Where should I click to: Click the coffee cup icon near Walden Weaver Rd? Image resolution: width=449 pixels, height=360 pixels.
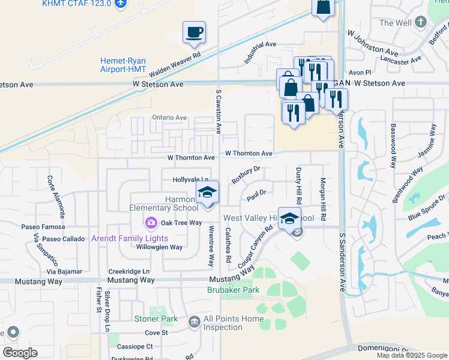(x=194, y=32)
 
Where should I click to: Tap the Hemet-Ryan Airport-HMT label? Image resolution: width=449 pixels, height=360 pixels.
(x=124, y=65)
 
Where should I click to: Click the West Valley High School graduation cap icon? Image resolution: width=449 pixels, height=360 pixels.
(x=289, y=218)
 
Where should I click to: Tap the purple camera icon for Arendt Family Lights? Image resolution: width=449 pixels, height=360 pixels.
(x=151, y=223)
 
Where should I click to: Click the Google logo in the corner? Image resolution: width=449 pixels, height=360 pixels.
(x=20, y=352)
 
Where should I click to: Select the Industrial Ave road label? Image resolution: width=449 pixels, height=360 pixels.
(x=260, y=53)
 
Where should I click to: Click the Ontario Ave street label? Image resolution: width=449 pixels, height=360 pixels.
(x=170, y=118)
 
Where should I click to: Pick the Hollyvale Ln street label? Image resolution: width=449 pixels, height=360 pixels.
(x=191, y=179)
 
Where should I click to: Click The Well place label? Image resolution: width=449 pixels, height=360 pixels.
(x=395, y=23)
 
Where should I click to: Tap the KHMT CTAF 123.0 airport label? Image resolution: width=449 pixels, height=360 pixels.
(x=77, y=4)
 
